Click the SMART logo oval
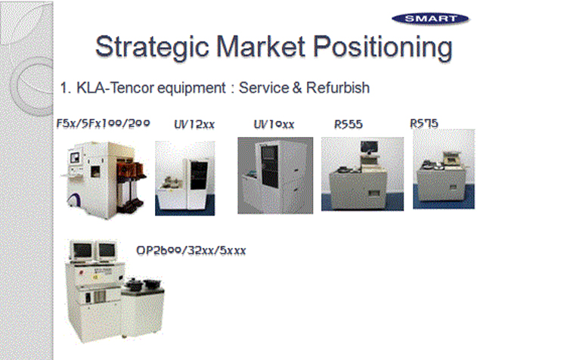[x=430, y=19]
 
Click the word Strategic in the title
[x=152, y=48]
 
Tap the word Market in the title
[x=261, y=47]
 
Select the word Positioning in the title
[x=383, y=48]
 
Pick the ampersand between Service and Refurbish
[x=297, y=88]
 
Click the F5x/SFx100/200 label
[x=103, y=124]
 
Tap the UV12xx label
[x=194, y=125]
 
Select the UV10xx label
[x=274, y=125]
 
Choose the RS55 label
[x=349, y=125]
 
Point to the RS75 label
[x=424, y=124]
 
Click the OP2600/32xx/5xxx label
[x=191, y=250]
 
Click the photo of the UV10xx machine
[x=275, y=175]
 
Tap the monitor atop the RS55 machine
[x=369, y=147]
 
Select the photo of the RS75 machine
[x=444, y=169]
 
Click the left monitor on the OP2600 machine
[x=82, y=250]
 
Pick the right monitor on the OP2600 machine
[x=107, y=250]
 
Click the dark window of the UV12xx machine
[x=199, y=175]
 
